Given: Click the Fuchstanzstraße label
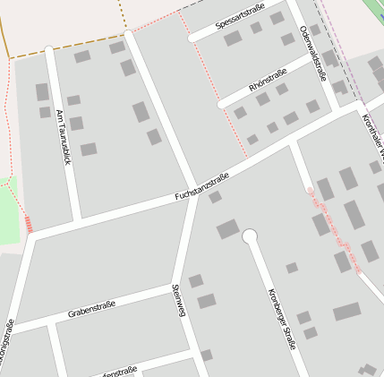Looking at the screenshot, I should (202, 185).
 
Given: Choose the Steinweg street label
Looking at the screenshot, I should (179, 300).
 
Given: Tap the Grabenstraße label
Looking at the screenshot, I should (93, 310).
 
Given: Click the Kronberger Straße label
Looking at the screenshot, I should (281, 318).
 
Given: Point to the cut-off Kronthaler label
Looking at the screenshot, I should (372, 134).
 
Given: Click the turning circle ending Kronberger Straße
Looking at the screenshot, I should (250, 236).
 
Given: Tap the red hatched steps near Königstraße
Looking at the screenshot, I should (30, 224).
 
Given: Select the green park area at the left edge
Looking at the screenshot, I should (8, 215).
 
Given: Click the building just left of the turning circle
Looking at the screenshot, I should (227, 229).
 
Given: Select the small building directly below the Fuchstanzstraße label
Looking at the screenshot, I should (215, 197).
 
